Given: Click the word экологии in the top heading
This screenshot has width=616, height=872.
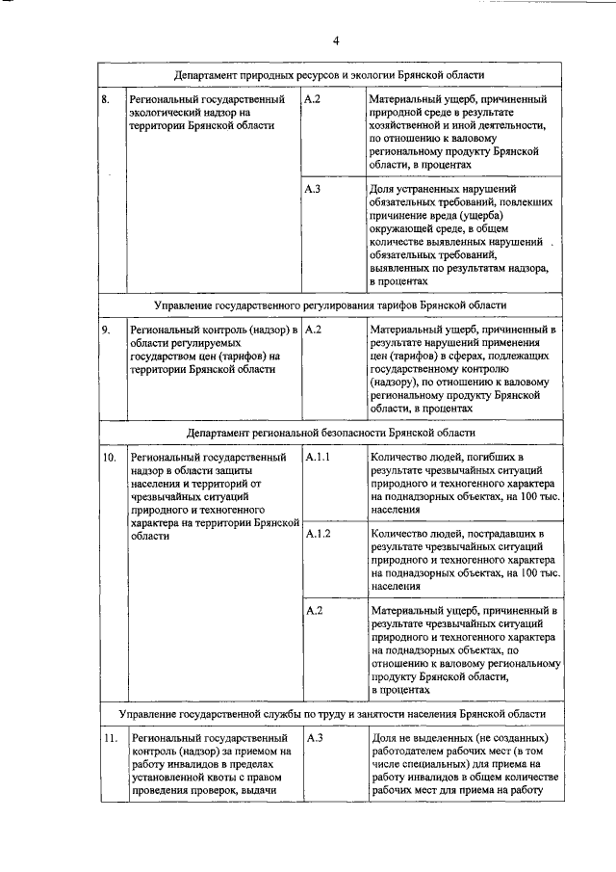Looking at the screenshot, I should pyautogui.click(x=372, y=74).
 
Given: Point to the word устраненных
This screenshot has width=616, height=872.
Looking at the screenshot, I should pyautogui.click(x=428, y=189).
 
